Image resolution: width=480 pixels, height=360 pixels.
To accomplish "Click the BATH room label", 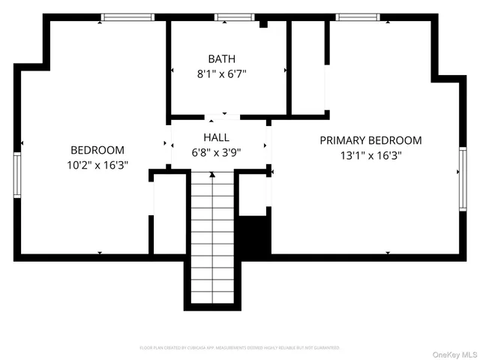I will (221, 58).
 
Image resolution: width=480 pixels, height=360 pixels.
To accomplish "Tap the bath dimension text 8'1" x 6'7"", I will (221, 73).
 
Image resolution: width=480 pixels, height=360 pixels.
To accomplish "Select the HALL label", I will (216, 137).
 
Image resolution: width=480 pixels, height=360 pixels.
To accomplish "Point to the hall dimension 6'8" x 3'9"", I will (216, 152).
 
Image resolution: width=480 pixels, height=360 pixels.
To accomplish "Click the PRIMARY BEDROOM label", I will (370, 140).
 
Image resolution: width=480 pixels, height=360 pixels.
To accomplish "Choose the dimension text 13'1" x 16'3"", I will (370, 156).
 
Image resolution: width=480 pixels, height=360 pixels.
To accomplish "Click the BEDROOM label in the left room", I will (97, 150).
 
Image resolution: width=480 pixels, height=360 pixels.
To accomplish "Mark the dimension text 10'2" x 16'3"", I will (97, 166).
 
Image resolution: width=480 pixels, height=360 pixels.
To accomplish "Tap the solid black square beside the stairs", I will (253, 235).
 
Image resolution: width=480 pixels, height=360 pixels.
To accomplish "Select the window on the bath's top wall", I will (235, 17).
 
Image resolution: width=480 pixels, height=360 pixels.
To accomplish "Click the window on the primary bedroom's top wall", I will (358, 17).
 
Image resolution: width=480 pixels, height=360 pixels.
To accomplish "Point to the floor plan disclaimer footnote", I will (240, 348).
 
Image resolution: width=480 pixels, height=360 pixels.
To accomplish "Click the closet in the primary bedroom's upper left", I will (308, 67).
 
